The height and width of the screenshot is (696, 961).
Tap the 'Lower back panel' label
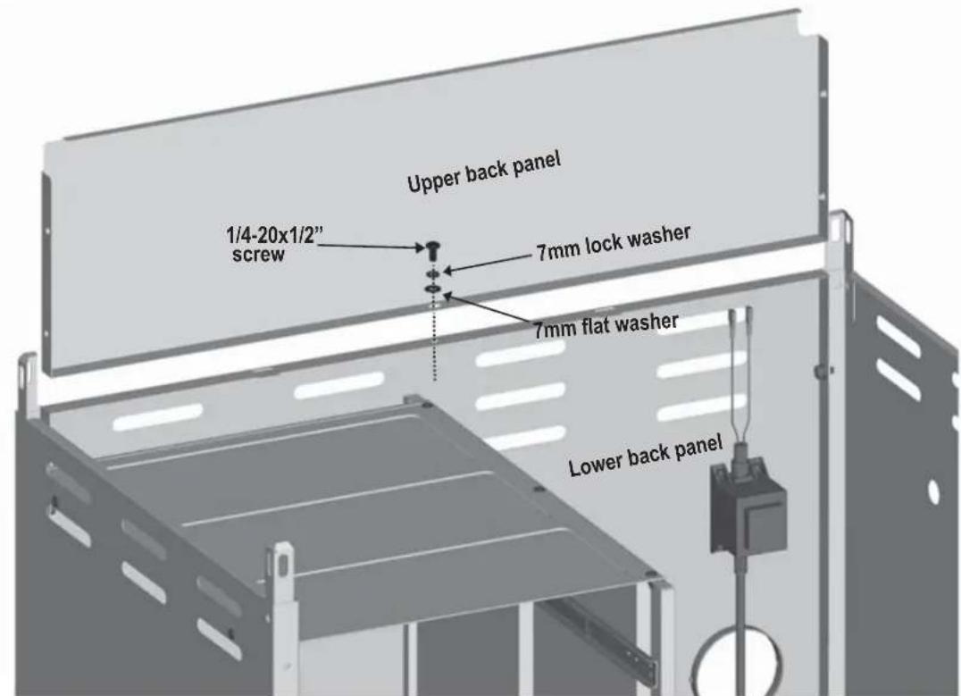click(646, 457)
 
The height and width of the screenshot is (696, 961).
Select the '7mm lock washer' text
click(614, 242)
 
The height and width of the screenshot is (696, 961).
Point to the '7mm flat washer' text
click(606, 325)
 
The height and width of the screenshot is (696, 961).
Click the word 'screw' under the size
click(258, 255)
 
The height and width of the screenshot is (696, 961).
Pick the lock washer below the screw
click(432, 272)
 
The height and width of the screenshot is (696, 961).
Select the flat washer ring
click(432, 287)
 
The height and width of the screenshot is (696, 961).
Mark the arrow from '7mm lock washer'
click(489, 264)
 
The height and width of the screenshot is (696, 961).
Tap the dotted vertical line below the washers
click(435, 340)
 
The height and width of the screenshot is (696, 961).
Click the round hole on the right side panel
click(933, 491)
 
